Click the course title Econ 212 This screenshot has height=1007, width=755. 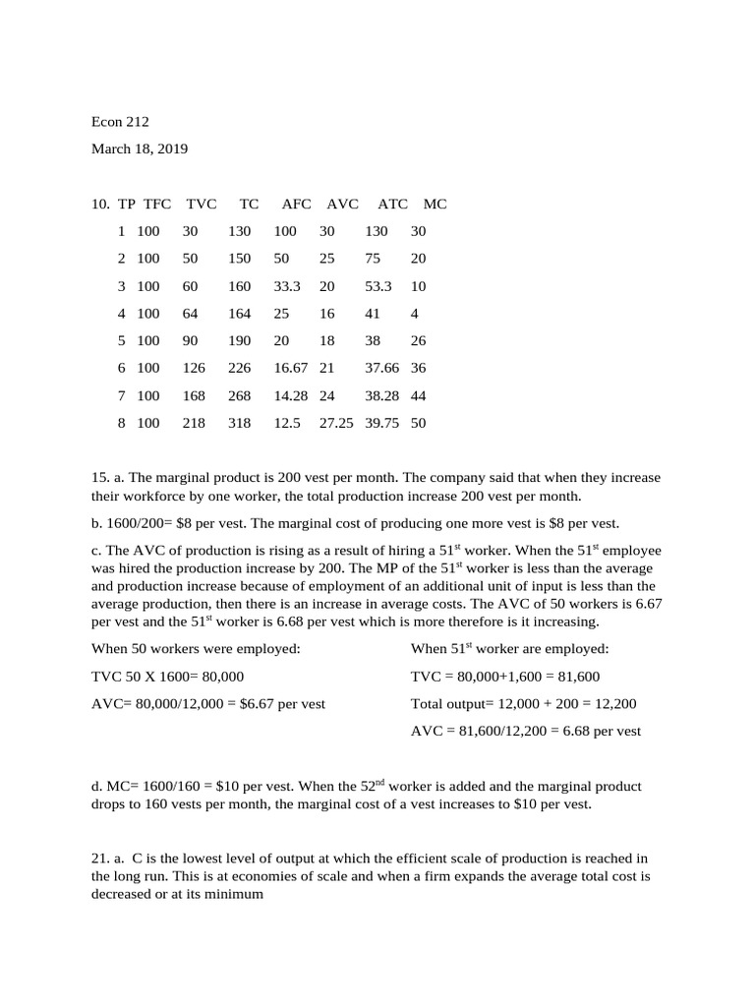(120, 122)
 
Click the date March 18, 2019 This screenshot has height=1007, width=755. (140, 149)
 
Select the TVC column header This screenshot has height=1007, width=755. (201, 204)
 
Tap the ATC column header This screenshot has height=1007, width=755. (392, 204)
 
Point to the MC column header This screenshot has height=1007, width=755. (435, 204)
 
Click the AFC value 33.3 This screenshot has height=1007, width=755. (287, 286)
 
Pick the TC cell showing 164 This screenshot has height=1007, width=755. (239, 314)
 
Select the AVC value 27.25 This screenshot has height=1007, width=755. (336, 424)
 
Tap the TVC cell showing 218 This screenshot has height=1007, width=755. (194, 424)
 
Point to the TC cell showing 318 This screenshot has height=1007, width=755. (239, 424)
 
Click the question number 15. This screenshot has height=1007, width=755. (99, 478)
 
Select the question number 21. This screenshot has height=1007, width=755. (99, 859)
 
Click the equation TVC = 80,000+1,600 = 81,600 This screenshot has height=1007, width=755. (505, 677)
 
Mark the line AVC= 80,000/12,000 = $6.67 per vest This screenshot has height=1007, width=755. (208, 704)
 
